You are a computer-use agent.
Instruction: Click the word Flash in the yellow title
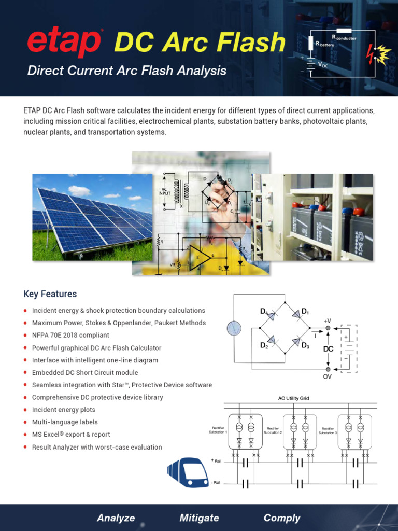click(252, 43)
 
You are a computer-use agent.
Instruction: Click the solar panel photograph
click(92, 217)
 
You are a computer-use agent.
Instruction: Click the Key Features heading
click(50, 294)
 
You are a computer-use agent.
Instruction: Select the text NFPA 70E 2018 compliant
click(70, 335)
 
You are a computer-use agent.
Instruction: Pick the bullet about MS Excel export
click(71, 435)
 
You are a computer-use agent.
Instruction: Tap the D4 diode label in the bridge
click(264, 312)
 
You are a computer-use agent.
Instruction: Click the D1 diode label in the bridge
click(305, 312)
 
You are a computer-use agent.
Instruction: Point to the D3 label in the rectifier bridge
click(305, 345)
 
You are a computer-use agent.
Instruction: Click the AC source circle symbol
click(234, 328)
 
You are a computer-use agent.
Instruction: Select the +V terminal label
click(327, 321)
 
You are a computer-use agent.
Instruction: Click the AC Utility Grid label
click(293, 398)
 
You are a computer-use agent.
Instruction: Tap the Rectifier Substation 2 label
click(272, 430)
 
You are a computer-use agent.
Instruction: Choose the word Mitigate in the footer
click(199, 518)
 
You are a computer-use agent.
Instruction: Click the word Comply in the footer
click(282, 518)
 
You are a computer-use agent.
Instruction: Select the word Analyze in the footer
click(116, 518)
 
